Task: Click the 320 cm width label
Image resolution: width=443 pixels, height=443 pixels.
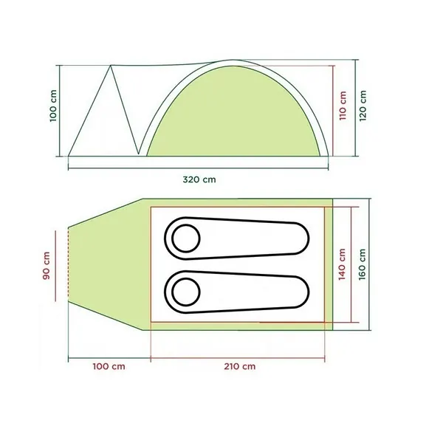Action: click(203, 179)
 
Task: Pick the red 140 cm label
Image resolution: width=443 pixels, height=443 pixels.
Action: click(343, 264)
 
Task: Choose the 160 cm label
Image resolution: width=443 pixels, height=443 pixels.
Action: click(363, 264)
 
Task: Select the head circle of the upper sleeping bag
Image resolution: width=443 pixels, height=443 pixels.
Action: click(185, 238)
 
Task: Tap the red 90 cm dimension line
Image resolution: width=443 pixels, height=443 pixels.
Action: click(56, 265)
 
